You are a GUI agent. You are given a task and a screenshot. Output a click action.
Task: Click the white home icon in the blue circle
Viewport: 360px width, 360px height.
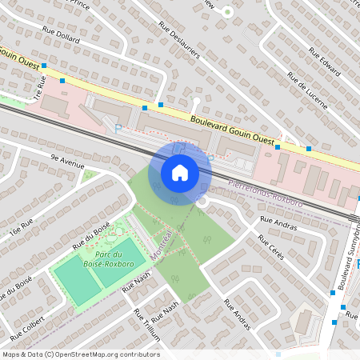coord(180,172)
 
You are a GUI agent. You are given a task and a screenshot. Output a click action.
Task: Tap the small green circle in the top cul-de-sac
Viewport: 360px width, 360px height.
coord(227,12)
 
